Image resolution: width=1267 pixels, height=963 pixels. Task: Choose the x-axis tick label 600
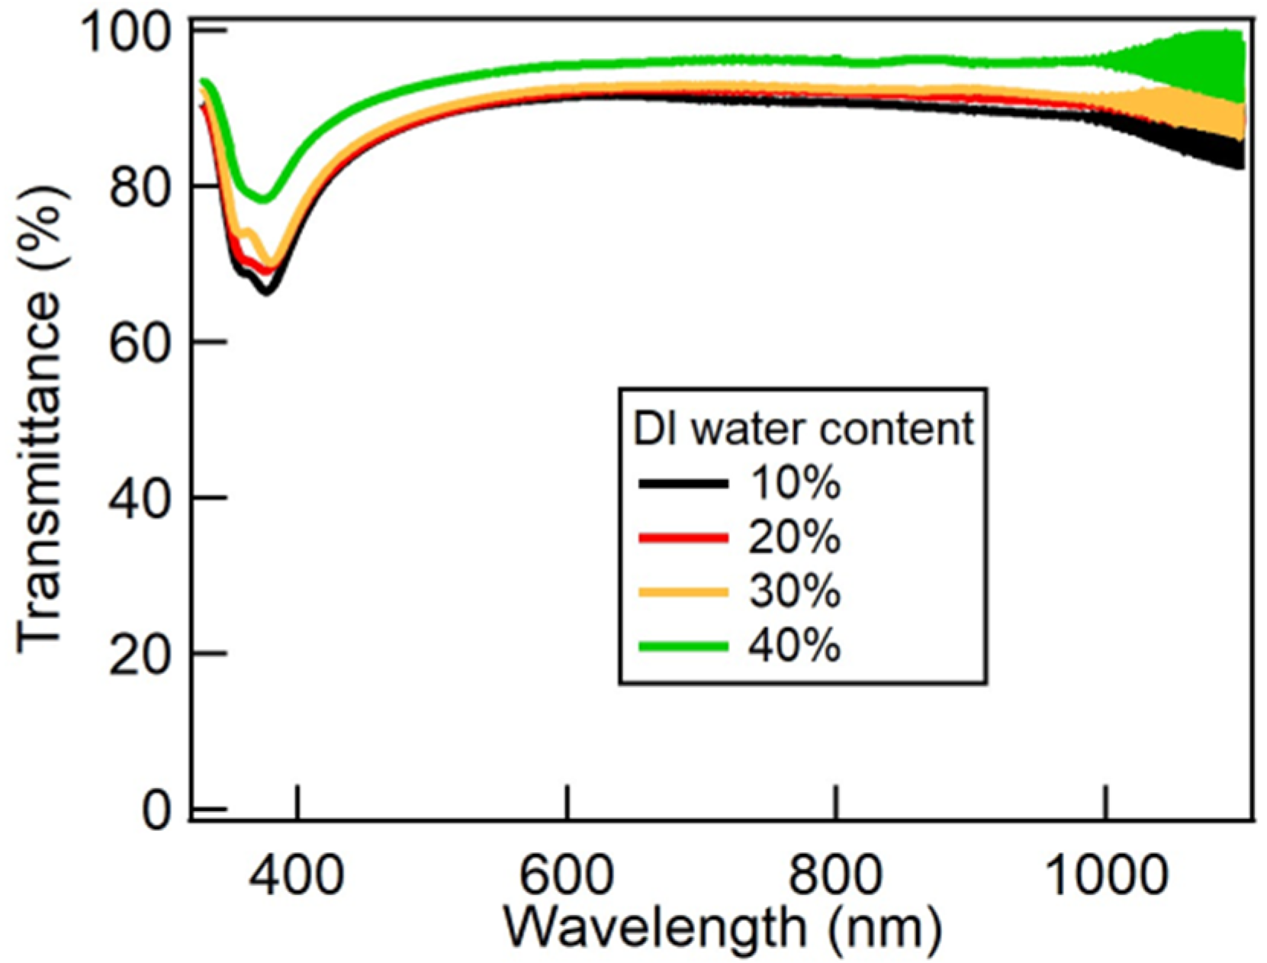(567, 874)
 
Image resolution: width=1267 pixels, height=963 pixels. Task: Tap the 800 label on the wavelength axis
(836, 874)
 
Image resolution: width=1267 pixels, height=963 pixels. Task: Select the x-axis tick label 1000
(1106, 874)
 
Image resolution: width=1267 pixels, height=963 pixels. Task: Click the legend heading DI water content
(803, 429)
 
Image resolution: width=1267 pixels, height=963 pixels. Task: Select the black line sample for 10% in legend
(683, 483)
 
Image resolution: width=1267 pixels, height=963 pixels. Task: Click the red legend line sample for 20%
(683, 538)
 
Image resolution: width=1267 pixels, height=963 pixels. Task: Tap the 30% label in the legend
(794, 591)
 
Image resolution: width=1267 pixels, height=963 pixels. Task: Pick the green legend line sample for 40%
(683, 646)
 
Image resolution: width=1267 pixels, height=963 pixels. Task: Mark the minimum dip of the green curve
(264, 200)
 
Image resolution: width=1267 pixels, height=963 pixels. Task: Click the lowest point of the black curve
(266, 291)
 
